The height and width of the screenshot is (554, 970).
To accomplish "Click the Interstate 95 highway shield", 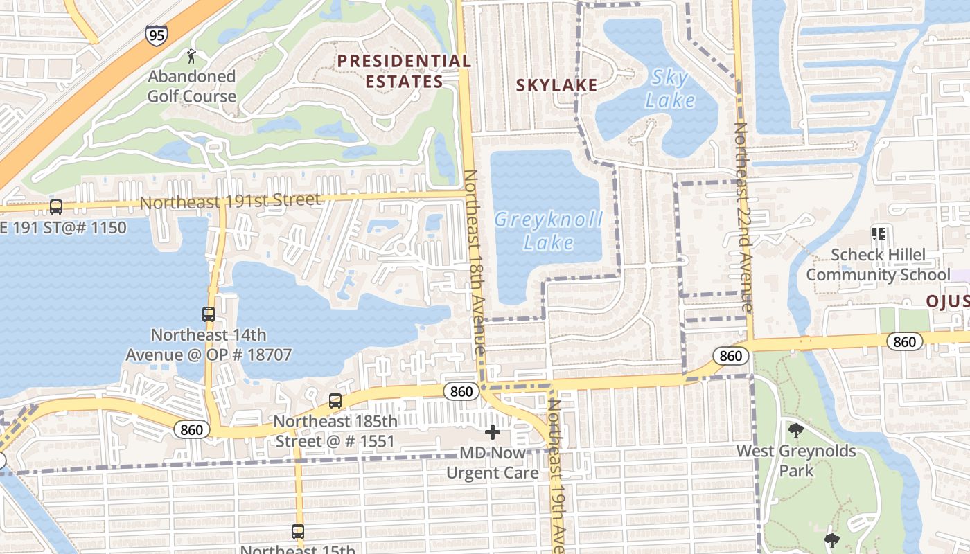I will [x=157, y=35].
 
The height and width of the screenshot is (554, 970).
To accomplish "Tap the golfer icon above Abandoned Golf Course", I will [x=192, y=55].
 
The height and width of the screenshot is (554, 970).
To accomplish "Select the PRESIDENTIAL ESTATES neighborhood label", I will [x=404, y=71].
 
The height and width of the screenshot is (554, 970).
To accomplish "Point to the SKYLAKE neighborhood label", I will [x=556, y=85].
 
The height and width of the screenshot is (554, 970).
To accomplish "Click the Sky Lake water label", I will [x=670, y=89].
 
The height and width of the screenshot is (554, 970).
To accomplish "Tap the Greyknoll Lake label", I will [x=548, y=231].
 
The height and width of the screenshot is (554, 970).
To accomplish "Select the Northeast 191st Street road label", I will [x=231, y=201].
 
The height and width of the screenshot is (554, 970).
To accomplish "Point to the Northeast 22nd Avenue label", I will [x=743, y=217].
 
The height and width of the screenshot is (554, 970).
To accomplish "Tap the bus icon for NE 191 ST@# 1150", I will [x=56, y=207].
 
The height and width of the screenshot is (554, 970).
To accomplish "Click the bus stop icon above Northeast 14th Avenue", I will [x=209, y=314].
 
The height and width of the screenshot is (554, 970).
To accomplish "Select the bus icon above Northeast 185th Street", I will [x=335, y=400].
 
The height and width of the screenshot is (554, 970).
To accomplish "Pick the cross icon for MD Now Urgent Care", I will [x=493, y=432].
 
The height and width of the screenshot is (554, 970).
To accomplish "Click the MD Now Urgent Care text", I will [x=493, y=463].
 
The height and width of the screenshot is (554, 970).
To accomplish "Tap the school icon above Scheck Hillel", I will [x=879, y=234].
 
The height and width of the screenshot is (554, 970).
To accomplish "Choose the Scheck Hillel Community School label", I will [x=878, y=265].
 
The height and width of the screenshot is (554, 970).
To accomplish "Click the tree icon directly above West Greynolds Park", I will [x=796, y=431].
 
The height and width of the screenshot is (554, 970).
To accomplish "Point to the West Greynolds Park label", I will [x=796, y=461].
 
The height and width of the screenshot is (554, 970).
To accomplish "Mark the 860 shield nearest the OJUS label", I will [x=904, y=341].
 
